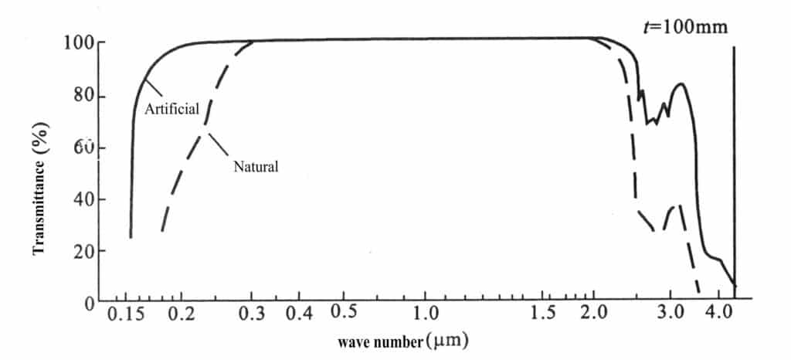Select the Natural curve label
pyautogui.click(x=255, y=165)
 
